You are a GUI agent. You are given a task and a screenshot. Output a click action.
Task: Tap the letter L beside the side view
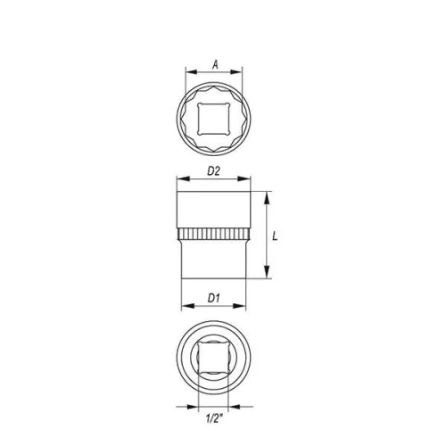coord(278,235)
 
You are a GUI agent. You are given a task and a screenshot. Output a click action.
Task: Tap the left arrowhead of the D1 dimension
coord(185,307)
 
